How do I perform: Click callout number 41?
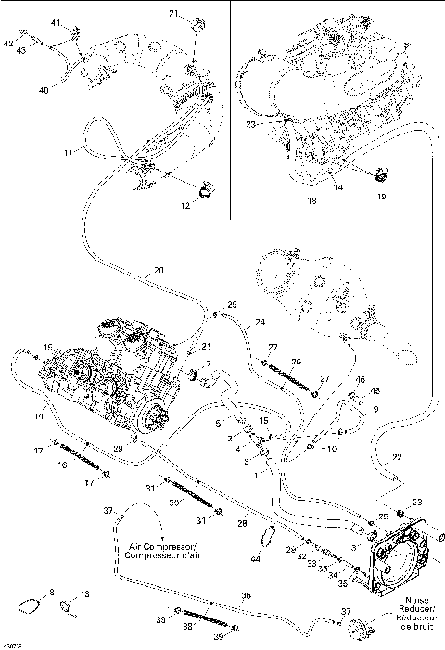point(55,21)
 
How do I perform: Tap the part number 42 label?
point(8,44)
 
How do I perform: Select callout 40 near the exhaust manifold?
point(43,89)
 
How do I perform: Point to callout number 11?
point(66,151)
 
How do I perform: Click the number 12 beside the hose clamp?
point(184,206)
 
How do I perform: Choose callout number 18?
point(311,199)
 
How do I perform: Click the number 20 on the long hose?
point(159,270)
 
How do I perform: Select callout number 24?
point(261,322)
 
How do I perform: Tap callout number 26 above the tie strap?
point(296,362)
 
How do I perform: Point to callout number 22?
point(397,458)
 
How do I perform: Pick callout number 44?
point(256,560)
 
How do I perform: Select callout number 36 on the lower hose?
point(246,596)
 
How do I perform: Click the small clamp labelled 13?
point(68,607)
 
